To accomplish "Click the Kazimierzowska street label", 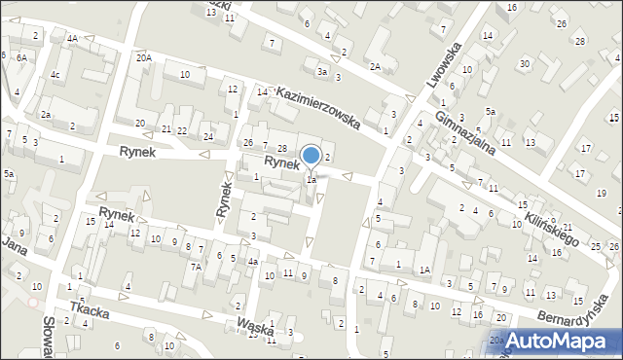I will click(x=318, y=107).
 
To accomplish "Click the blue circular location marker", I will click(x=311, y=156).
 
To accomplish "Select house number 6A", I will click(x=21, y=58).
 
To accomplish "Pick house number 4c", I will click(x=55, y=74).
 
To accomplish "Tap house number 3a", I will click(x=321, y=71).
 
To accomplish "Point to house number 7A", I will click(x=196, y=266).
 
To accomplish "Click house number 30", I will click(x=525, y=64).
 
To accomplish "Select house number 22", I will click(x=181, y=130).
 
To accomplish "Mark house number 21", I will click(x=166, y=129).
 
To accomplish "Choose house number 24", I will click(x=207, y=136).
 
